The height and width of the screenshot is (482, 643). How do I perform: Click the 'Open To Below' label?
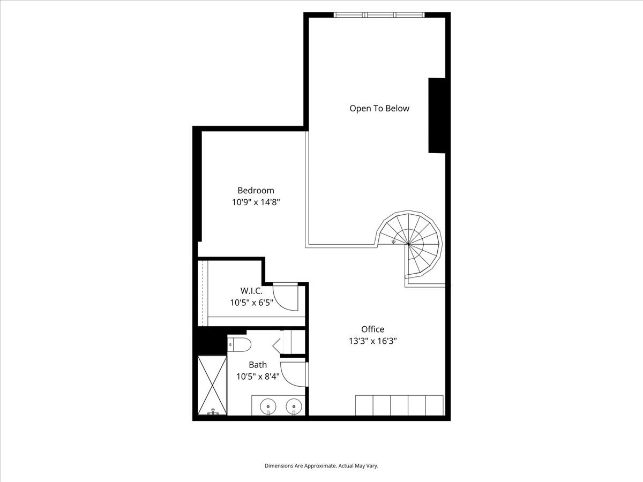tap(379, 108)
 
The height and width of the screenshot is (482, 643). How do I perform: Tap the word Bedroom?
tap(256, 190)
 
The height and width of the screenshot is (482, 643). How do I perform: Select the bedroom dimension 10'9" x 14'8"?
tap(256, 202)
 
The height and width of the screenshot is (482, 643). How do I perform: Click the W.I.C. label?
tap(251, 291)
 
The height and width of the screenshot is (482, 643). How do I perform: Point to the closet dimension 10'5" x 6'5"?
tap(251, 303)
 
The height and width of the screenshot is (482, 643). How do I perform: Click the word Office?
tap(372, 329)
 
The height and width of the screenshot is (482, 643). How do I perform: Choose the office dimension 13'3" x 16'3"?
tap(372, 341)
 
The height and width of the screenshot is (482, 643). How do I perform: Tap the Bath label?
tap(257, 365)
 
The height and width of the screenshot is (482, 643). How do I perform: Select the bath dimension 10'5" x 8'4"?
tap(257, 376)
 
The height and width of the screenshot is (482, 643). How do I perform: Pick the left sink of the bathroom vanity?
tap(267, 407)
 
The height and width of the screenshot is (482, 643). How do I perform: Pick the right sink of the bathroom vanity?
tap(293, 407)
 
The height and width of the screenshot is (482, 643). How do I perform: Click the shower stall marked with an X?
tap(213, 385)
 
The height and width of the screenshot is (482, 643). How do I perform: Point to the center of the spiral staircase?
tap(408, 244)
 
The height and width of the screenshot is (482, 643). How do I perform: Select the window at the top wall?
tap(380, 15)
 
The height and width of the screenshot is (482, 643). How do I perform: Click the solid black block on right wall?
tap(436, 116)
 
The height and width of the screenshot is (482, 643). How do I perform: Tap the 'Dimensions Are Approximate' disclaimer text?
tap(322, 466)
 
